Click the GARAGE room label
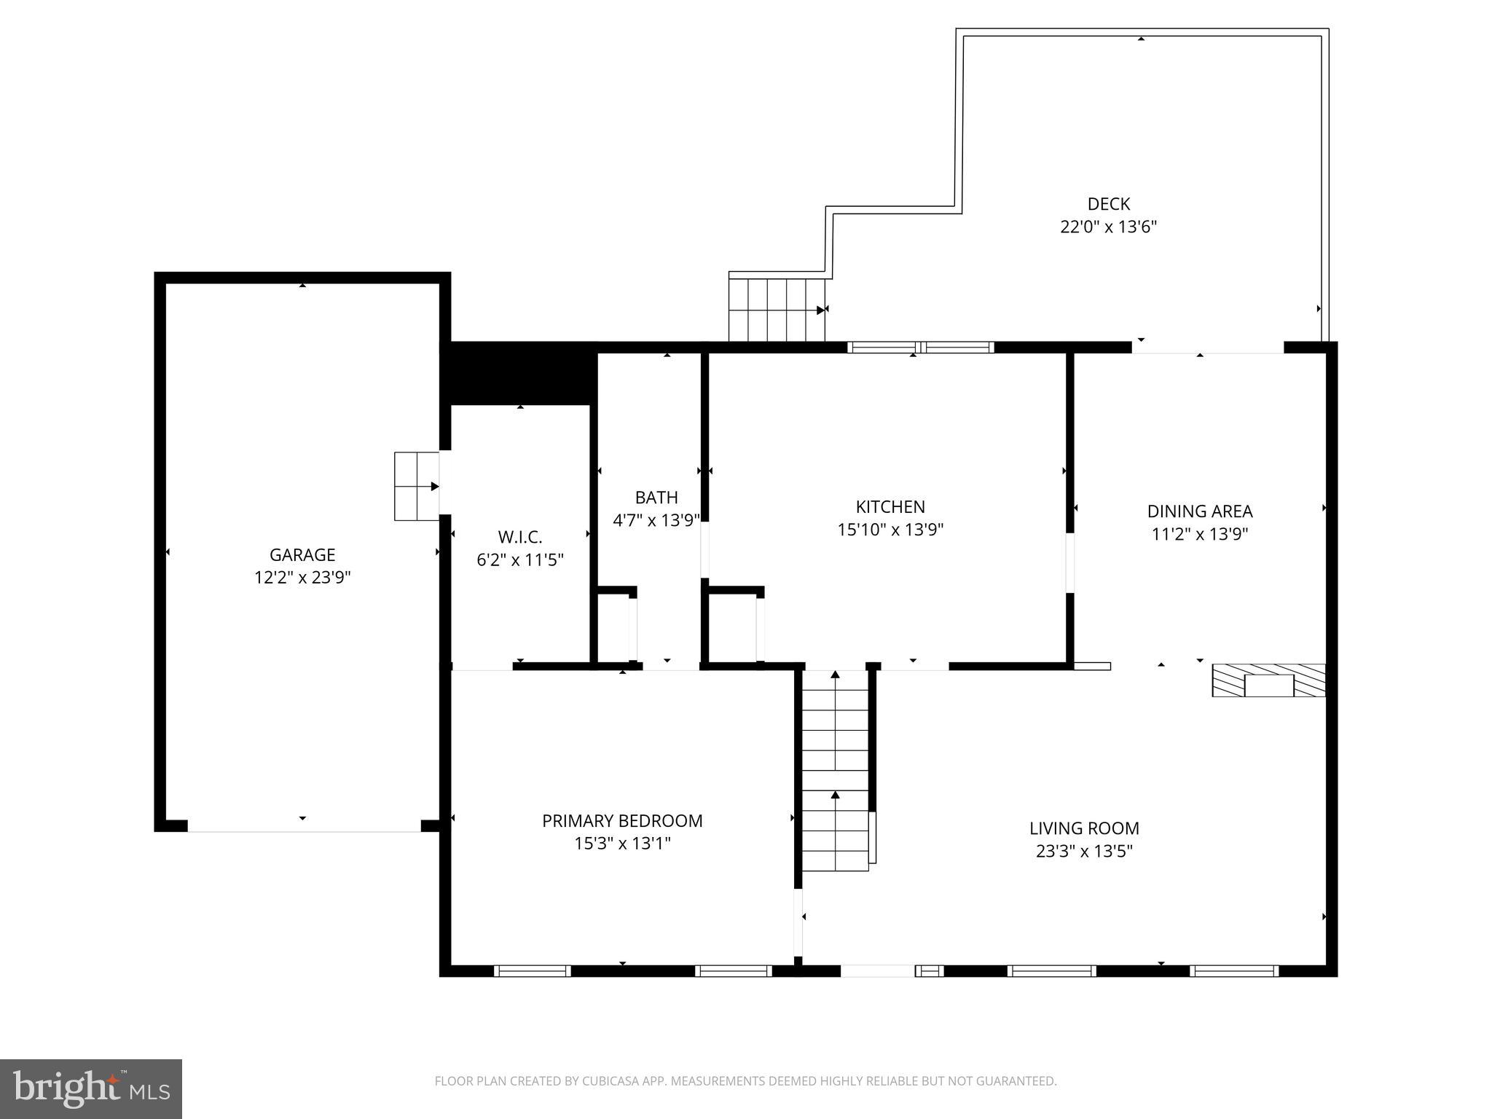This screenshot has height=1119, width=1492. tap(302, 555)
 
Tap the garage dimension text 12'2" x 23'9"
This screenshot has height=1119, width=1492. tap(302, 578)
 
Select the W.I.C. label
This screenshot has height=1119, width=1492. tap(519, 537)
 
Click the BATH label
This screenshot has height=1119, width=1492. tap(656, 498)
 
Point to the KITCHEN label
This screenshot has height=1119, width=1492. tap(890, 507)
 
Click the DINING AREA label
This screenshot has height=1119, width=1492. tap(1199, 511)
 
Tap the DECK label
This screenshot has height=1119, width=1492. tap(1108, 204)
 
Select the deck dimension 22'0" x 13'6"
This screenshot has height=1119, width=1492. tap(1108, 227)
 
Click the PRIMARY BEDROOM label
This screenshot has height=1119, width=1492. tap(622, 821)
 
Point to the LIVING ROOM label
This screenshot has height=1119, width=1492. tap(1083, 828)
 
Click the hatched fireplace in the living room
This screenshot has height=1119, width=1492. tap(1268, 680)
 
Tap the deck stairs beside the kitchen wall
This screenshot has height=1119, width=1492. tap(777, 310)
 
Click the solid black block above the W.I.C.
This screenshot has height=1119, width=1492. tap(519, 373)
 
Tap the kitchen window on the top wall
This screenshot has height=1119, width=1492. tap(920, 348)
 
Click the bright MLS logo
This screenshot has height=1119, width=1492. tap(91, 1088)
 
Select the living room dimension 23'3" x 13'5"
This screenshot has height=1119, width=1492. tap(1083, 851)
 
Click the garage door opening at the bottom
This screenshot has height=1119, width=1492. tap(304, 825)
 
